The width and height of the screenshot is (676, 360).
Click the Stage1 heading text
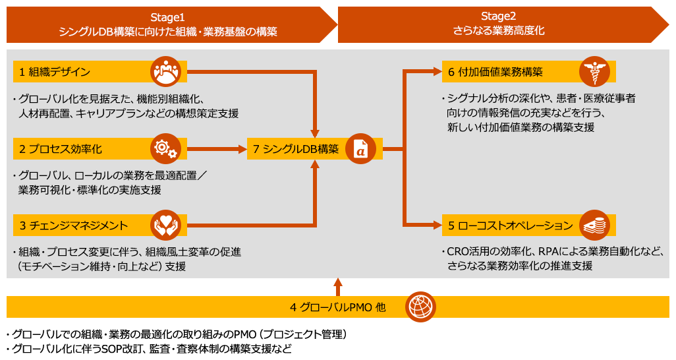coord(168,17)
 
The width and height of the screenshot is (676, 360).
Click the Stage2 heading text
coord(499,16)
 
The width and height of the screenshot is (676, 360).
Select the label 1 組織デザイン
coord(55,72)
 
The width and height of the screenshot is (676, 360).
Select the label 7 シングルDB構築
coord(296,149)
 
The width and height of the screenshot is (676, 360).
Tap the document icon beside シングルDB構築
coord(361,149)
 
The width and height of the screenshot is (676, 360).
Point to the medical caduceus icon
coord(593,71)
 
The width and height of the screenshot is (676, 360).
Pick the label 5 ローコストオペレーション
coord(511,225)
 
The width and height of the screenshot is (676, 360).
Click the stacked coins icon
coord(593,225)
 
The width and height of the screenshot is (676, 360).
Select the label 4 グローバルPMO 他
coord(337,307)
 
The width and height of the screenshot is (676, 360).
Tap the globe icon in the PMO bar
coord(420,307)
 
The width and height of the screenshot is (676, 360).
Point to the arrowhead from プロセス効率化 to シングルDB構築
coord(240,149)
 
